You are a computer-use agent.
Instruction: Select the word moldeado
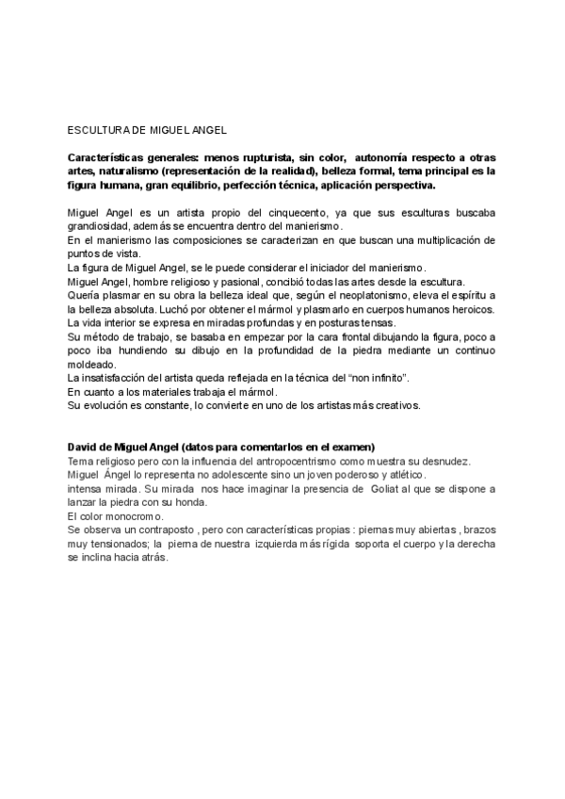pos(91,365)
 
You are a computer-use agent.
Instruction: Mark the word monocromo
pos(132,516)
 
